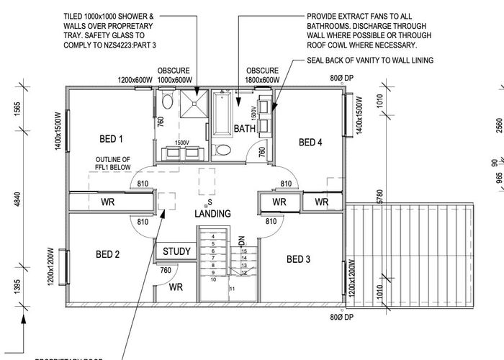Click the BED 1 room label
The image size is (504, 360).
point(111,138)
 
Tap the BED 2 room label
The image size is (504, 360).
point(107,253)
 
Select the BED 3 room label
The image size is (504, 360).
point(299,259)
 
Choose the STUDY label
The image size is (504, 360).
point(176,251)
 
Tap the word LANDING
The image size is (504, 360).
point(212,214)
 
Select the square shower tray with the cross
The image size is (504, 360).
point(192,104)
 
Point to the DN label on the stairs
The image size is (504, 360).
point(241,239)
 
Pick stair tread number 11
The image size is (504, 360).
point(232,288)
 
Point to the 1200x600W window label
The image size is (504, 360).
point(135,80)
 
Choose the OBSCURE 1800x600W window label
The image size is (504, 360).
point(262,75)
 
